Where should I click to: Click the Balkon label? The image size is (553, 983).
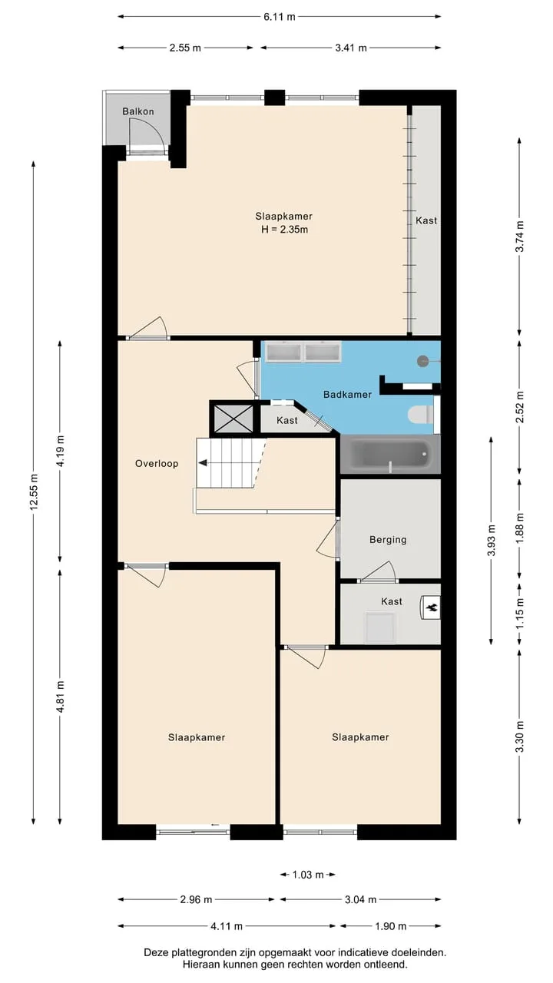click(138, 111)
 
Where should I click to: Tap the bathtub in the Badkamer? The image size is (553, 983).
click(390, 454)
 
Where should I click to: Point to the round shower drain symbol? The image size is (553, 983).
click(422, 361)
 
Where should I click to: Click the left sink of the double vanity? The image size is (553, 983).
click(283, 352)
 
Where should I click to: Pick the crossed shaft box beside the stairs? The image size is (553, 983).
click(233, 419)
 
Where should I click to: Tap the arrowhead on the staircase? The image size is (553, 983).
click(203, 462)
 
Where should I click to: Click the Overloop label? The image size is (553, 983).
click(157, 463)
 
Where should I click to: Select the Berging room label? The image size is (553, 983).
click(388, 540)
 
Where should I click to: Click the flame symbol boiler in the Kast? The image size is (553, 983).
click(431, 607)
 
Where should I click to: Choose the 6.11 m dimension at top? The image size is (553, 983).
click(279, 17)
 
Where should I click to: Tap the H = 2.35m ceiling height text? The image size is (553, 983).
click(284, 230)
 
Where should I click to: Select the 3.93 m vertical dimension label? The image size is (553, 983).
click(491, 540)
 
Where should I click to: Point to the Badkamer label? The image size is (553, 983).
click(348, 395)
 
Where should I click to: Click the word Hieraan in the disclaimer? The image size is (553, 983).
click(199, 964)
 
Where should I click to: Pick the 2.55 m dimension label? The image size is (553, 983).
click(185, 48)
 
